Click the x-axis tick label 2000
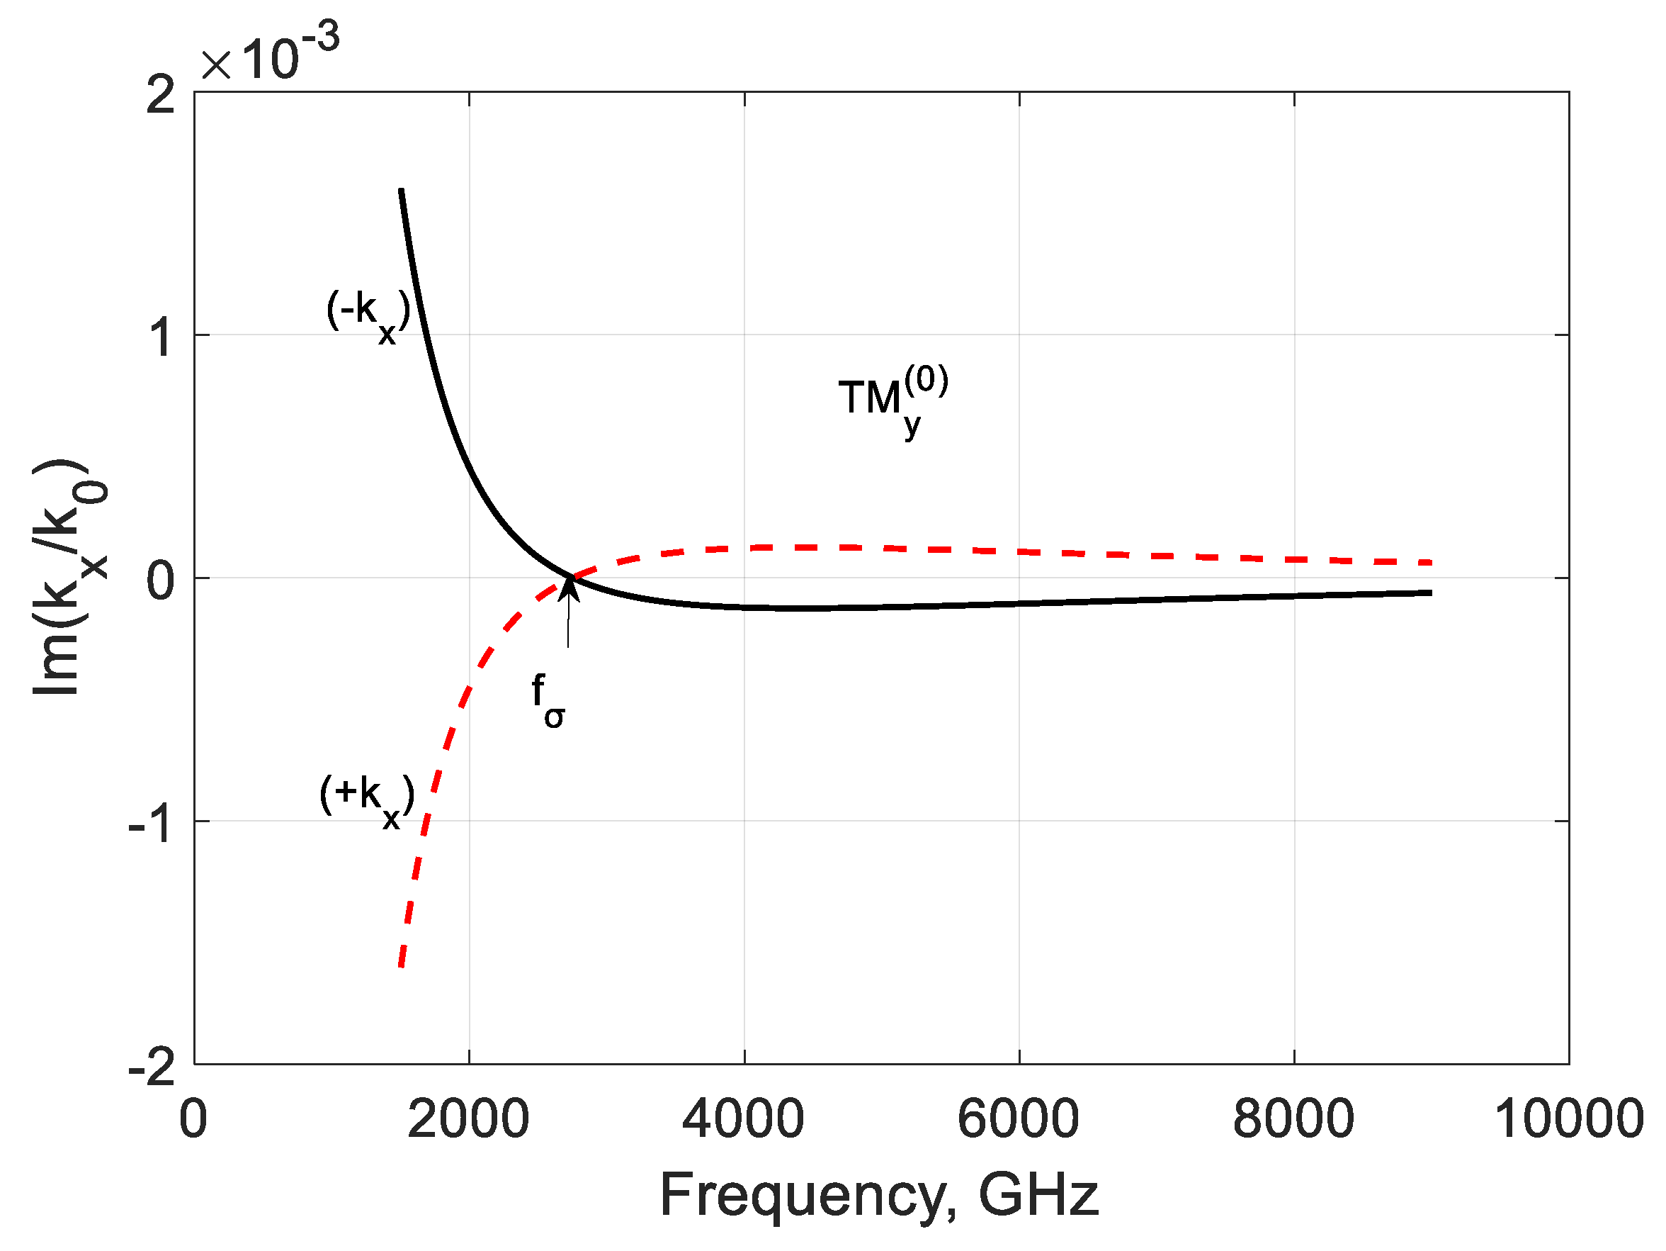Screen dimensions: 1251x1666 pos(467,1119)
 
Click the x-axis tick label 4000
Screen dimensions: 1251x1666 pos(742,1119)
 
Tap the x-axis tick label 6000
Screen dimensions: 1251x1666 pos(1019,1119)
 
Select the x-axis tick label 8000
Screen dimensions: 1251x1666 pos(1293,1119)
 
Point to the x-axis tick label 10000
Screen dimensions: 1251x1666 pos(1568,1119)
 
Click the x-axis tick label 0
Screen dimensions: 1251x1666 pos(193,1119)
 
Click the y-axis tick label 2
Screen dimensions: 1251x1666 pos(159,96)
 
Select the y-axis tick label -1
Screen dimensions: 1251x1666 pos(152,824)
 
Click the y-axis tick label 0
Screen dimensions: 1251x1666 pos(159,580)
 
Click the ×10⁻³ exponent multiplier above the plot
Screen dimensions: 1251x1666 pos(270,55)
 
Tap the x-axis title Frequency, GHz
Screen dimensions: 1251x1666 pos(879,1194)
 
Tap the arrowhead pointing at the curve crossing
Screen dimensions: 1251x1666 pos(569,586)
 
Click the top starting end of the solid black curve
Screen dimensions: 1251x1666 pos(402,191)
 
